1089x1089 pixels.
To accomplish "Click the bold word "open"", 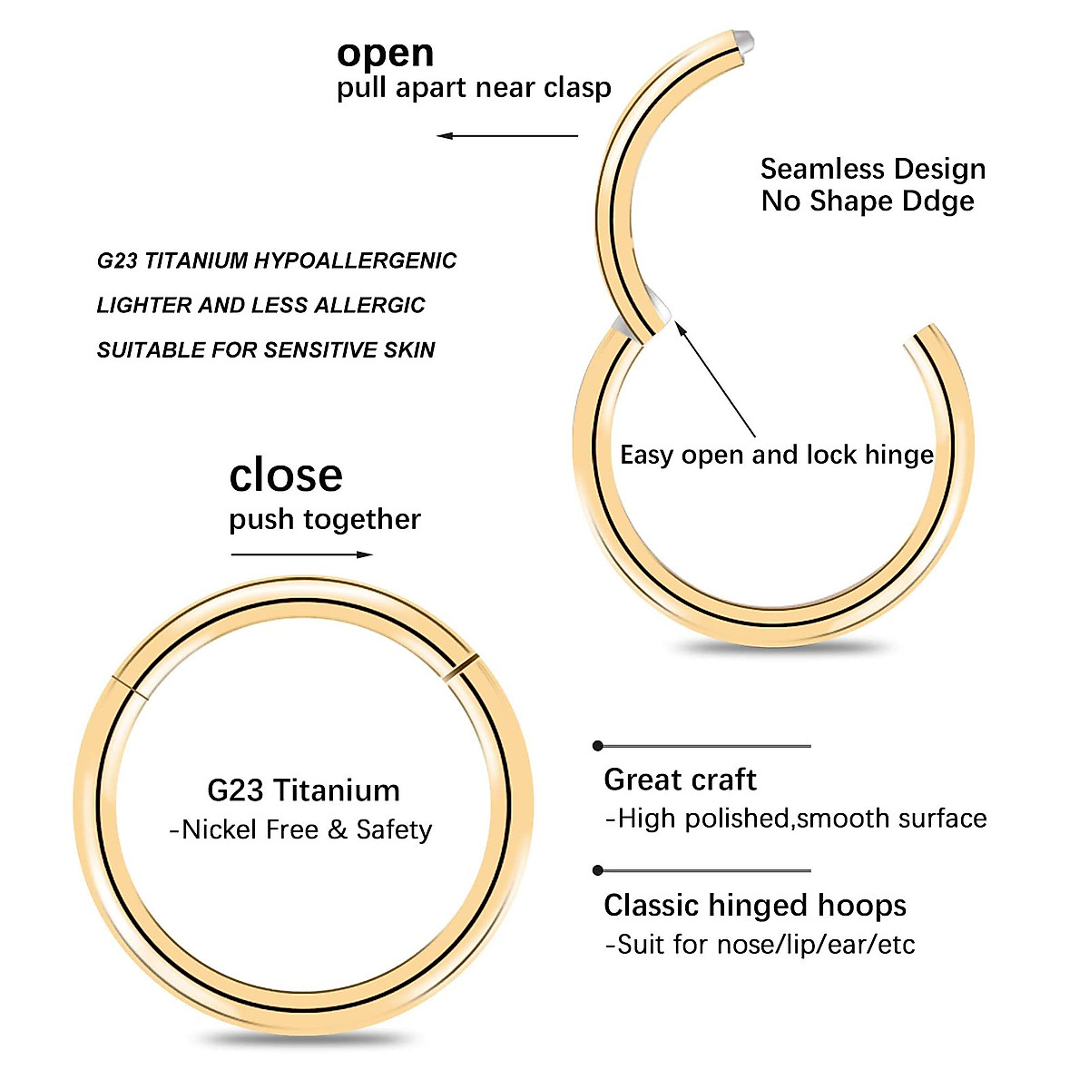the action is coord(385,54).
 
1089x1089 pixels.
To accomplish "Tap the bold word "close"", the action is coord(286,476).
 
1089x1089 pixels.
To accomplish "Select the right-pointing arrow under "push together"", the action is coord(302,554).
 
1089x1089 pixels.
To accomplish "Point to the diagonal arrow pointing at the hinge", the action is coord(716,381).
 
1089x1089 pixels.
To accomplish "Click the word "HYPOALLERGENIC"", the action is coord(355,261).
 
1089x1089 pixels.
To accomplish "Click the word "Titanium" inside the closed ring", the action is coord(337,790).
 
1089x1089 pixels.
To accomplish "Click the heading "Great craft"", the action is coord(680,780).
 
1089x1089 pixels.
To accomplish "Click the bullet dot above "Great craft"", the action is coord(597,746).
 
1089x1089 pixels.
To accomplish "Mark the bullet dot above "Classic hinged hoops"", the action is coord(597,870).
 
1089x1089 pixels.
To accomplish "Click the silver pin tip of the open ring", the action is coord(745,41).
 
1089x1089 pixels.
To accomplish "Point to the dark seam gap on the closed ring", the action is coord(462,668).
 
